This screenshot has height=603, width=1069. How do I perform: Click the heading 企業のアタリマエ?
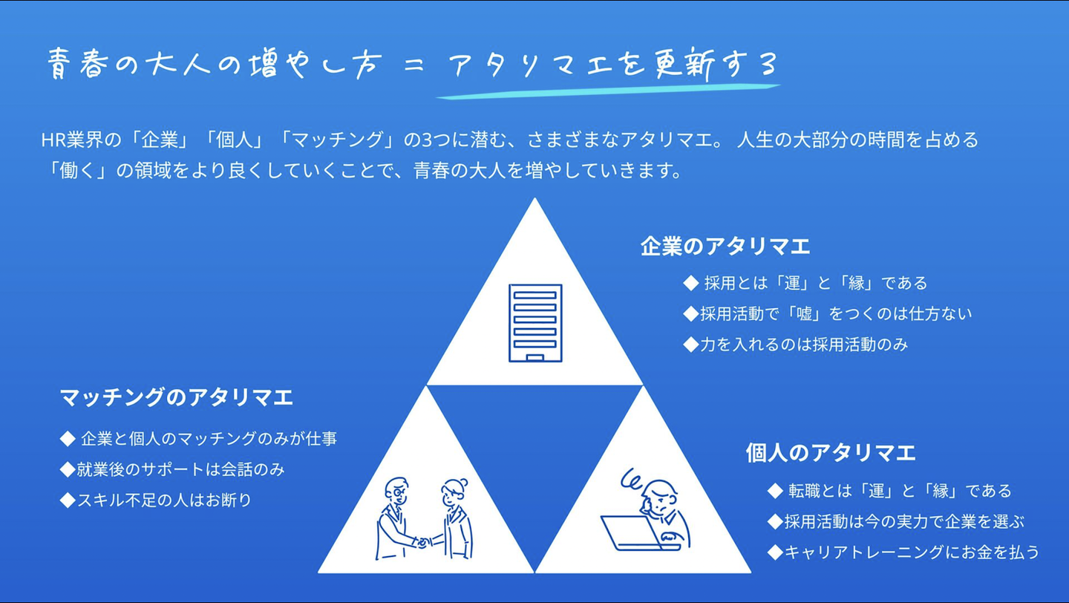[725, 247]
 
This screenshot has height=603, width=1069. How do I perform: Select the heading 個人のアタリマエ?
[830, 452]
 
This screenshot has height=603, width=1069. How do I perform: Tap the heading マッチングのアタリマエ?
[176, 397]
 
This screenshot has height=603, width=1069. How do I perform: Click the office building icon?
[534, 322]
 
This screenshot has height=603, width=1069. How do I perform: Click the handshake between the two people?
[424, 541]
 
